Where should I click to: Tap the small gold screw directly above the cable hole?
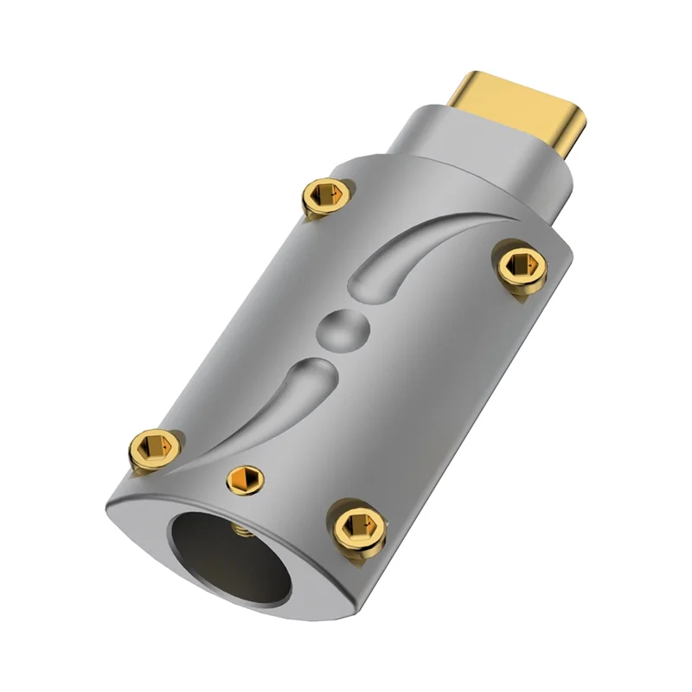pyautogui.click(x=242, y=478)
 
